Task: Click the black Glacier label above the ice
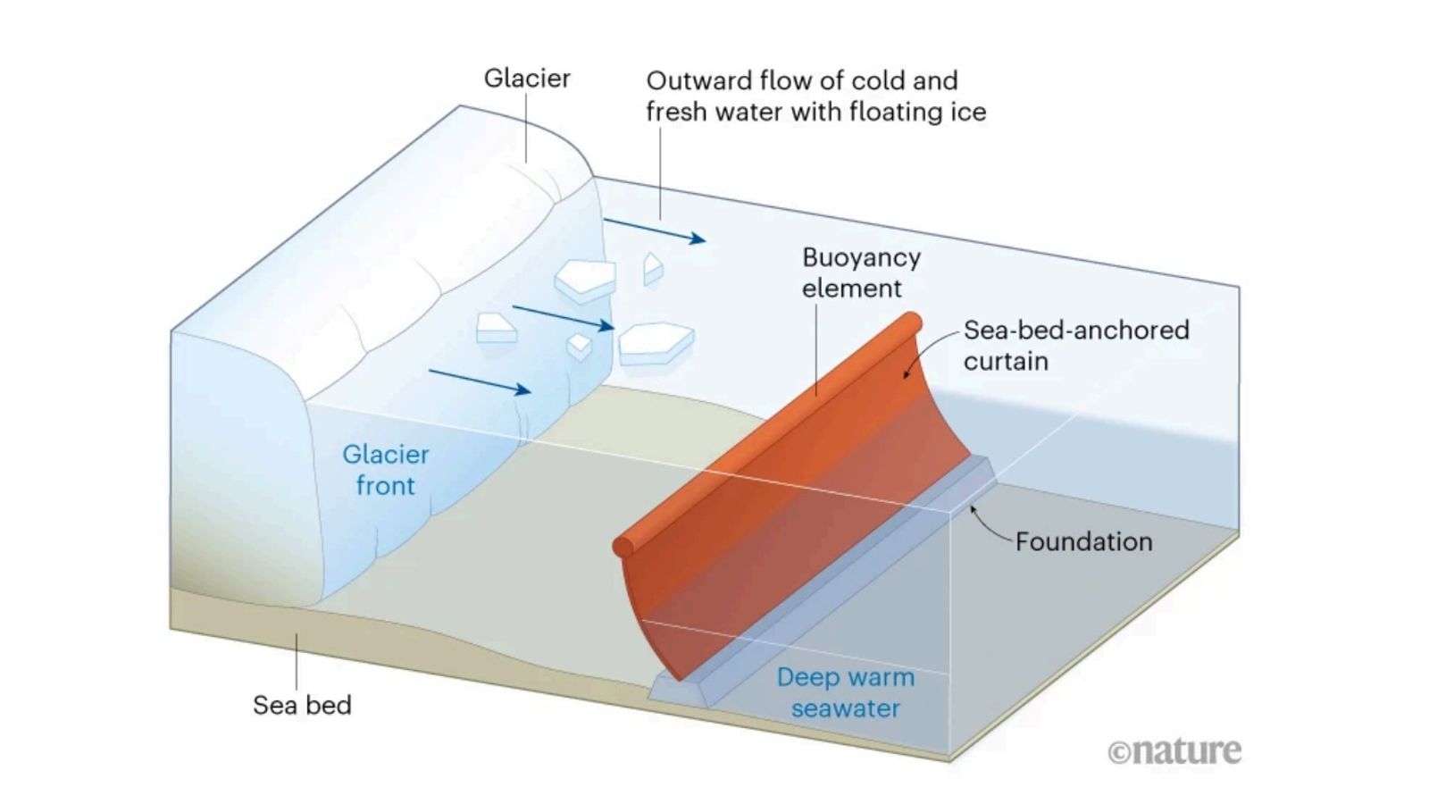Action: click(527, 79)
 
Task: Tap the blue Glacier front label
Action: click(386, 470)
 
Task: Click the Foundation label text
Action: click(1083, 541)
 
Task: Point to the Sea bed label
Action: click(302, 705)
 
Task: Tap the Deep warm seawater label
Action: click(846, 692)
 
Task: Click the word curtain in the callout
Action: click(1006, 361)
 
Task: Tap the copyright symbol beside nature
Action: click(1119, 752)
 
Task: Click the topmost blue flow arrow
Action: click(655, 230)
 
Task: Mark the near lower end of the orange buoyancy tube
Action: click(624, 546)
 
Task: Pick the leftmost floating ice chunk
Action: click(496, 328)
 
